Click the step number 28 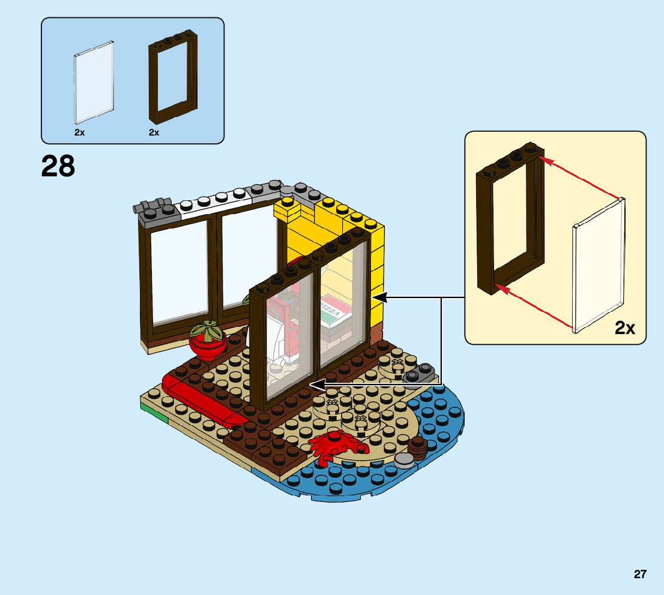coord(58,166)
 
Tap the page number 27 coord(640,574)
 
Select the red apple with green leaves coord(208,340)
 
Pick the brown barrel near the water coord(417,447)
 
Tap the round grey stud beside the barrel coord(404,460)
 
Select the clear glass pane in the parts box coord(94,82)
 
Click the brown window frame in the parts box coord(173,81)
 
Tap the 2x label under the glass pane coord(79,133)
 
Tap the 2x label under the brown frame coord(154,133)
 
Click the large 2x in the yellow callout coord(625,328)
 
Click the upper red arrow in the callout coord(579,178)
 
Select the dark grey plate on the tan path coord(420,374)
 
